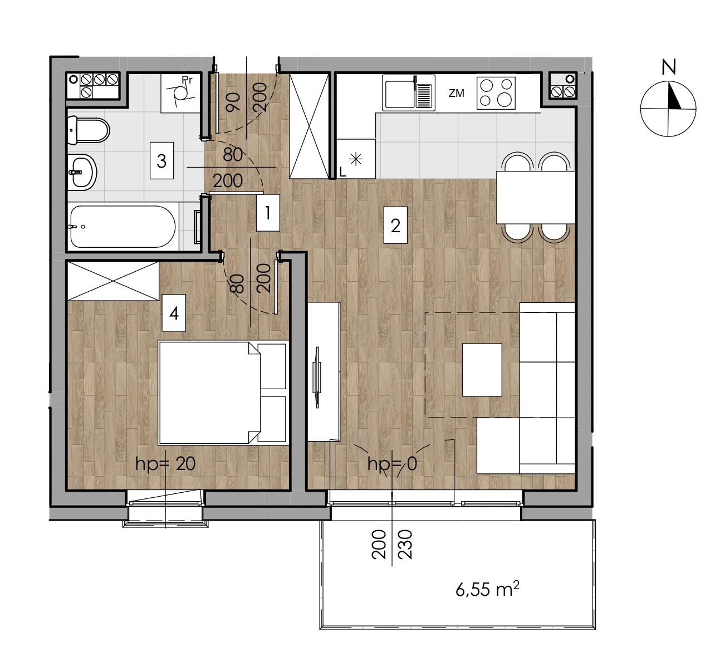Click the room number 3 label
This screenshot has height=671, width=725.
tap(161, 160)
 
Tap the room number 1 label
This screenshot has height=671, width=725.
tap(268, 213)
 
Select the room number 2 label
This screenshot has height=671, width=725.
tap(395, 226)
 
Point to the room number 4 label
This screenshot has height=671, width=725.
tap(174, 313)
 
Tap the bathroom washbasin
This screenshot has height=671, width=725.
tap(82, 172)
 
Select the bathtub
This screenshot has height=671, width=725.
tap(123, 226)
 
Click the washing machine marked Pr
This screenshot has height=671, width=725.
tap(181, 93)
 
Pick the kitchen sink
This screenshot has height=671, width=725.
tap(409, 93)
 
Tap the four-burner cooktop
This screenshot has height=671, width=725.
tap(496, 93)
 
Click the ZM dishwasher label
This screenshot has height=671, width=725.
tap(456, 94)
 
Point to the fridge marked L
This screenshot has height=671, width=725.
tap(356, 159)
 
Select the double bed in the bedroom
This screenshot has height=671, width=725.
tap(222, 393)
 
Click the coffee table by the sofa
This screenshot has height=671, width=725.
tap(482, 370)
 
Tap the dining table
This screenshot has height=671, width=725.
tap(536, 197)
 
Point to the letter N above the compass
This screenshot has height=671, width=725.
tap(669, 67)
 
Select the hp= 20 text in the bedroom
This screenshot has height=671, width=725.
tap(165, 464)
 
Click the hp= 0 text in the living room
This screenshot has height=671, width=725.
tap(392, 464)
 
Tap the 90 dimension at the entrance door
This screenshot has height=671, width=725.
tap(233, 102)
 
